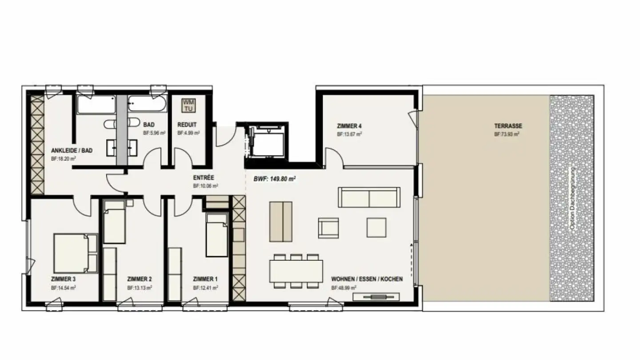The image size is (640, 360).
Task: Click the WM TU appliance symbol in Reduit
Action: pyautogui.click(x=188, y=105)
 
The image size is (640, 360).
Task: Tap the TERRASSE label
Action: pyautogui.click(x=508, y=126)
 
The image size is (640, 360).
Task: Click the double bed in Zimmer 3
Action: pyautogui.click(x=75, y=253)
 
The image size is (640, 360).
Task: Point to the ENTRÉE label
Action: pyautogui.click(x=204, y=178)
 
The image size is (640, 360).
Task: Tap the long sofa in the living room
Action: pyautogui.click(x=369, y=197)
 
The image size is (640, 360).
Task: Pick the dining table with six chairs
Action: pyautogui.click(x=296, y=271)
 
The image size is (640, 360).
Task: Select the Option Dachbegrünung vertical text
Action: pyautogui.click(x=572, y=198)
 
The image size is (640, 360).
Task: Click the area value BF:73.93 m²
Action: pyautogui.click(x=507, y=134)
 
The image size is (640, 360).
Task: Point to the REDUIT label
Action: pyautogui.click(x=187, y=125)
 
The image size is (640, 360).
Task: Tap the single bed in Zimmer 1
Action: pyautogui.click(x=216, y=235)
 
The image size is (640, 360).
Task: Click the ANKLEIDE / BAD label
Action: pyautogui.click(x=72, y=151)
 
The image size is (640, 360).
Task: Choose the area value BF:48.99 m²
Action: pyautogui.click(x=344, y=288)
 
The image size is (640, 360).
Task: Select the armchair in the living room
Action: pyautogui.click(x=329, y=228)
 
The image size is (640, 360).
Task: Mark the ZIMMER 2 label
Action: pyautogui.click(x=140, y=279)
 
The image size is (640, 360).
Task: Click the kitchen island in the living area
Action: pyautogui.click(x=281, y=221)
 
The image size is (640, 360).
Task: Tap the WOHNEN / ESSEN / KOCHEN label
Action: pyautogui.click(x=367, y=279)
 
